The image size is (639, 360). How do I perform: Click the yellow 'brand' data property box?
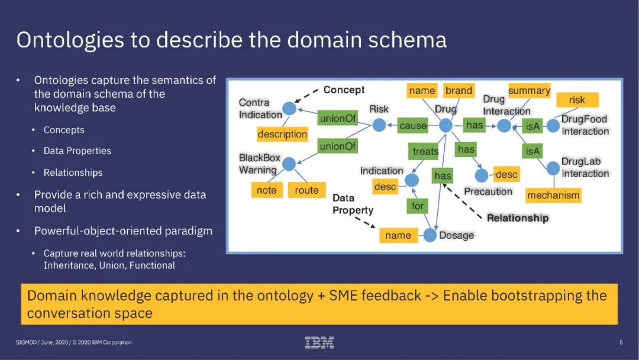click(x=459, y=91)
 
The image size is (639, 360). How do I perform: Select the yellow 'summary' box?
click(x=529, y=91)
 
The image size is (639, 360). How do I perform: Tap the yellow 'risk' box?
click(x=577, y=99)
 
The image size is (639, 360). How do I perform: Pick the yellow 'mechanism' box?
click(x=553, y=195)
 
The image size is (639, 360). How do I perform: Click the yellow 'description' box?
click(x=282, y=134)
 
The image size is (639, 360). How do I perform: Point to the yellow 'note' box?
click(x=266, y=190)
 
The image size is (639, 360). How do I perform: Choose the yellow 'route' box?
click(x=306, y=190)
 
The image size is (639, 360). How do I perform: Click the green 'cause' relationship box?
click(x=413, y=126)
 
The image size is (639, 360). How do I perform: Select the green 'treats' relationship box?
click(x=425, y=152)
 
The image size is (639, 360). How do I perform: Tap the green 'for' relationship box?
click(x=418, y=206)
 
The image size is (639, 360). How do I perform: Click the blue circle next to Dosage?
click(x=430, y=235)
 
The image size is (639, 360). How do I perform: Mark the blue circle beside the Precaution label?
click(x=482, y=175)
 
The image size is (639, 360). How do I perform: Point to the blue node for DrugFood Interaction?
click(x=553, y=126)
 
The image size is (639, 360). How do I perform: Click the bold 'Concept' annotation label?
click(x=344, y=90)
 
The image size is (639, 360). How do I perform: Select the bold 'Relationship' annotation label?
click(x=518, y=218)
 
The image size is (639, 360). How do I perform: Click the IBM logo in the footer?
click(x=319, y=342)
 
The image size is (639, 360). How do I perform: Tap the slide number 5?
click(x=621, y=342)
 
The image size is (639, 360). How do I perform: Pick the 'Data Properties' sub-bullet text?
click(x=78, y=151)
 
